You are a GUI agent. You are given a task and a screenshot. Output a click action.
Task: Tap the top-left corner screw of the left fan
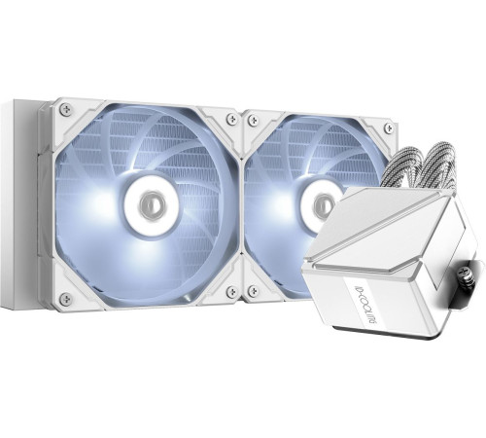[x=65, y=114]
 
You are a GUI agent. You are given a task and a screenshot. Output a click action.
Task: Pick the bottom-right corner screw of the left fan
[x=230, y=291]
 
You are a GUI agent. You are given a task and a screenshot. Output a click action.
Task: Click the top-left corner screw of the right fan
[x=253, y=119]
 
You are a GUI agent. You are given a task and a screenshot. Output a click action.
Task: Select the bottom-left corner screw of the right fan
[x=253, y=291]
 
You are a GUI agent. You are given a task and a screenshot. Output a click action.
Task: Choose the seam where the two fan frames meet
[x=241, y=204]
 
